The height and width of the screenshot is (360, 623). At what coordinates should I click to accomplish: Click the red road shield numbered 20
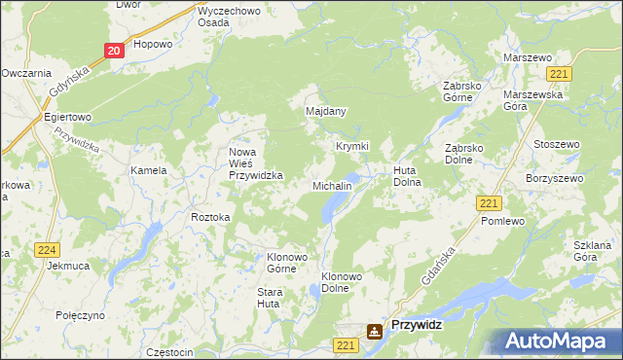click(114, 51)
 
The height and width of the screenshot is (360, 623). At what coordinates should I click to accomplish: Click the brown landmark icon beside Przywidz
click(375, 332)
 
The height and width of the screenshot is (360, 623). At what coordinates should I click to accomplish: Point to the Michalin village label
click(332, 186)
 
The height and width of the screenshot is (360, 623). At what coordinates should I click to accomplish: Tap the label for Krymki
click(352, 147)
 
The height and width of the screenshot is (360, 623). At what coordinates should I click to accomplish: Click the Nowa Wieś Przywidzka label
click(255, 163)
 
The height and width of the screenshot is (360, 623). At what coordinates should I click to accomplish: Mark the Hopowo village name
click(153, 45)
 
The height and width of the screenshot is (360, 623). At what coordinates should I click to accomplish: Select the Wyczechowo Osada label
click(227, 17)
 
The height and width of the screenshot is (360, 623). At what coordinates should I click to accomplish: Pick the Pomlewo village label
click(502, 222)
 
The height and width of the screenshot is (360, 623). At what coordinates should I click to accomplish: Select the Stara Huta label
click(269, 298)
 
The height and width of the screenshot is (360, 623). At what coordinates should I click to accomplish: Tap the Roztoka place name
click(210, 218)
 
